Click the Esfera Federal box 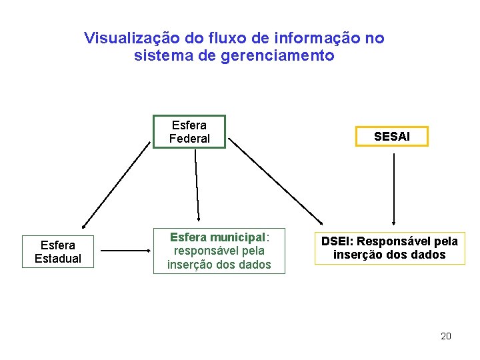point(189,132)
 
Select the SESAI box point(392,137)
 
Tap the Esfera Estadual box point(58,251)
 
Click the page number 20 point(446,336)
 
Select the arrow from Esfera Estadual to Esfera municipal point(126,251)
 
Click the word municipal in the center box point(237,237)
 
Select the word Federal point(189,139)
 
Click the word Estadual point(58,259)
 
